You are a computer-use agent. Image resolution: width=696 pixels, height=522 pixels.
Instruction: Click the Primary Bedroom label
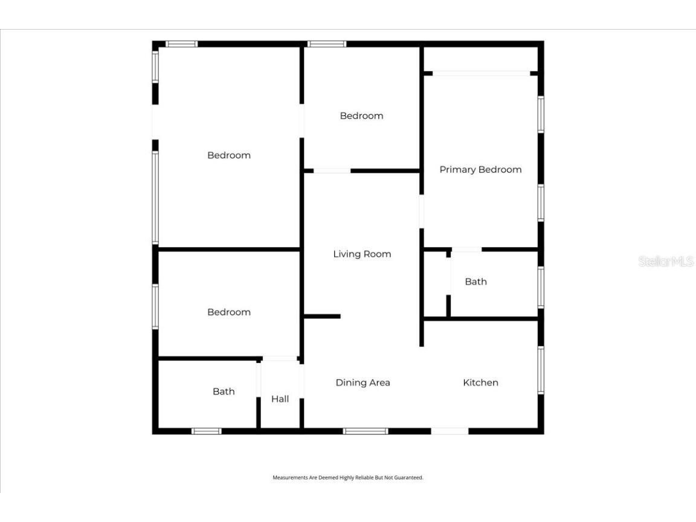(x=480, y=170)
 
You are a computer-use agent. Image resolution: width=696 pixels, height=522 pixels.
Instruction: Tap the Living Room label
(x=362, y=254)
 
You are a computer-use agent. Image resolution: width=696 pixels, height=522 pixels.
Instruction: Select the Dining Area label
(x=362, y=382)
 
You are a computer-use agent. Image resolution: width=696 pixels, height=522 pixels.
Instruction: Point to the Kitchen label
(x=480, y=382)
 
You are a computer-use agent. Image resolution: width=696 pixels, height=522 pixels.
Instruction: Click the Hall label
(x=280, y=399)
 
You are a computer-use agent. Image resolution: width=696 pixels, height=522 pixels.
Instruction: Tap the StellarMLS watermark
(x=666, y=262)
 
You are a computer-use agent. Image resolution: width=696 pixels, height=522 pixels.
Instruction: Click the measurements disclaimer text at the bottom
(x=348, y=477)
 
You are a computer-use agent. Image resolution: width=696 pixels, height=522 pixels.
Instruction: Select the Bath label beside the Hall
(x=224, y=391)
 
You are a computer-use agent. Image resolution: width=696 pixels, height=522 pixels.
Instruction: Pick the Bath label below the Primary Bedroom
(x=475, y=282)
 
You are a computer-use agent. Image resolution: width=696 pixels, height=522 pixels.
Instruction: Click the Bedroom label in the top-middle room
(x=361, y=116)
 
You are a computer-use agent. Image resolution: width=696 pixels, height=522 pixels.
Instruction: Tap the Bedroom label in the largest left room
(x=228, y=155)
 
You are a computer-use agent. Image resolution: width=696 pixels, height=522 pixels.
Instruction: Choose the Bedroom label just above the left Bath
(x=228, y=312)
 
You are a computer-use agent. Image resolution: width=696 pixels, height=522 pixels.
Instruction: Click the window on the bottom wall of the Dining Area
(x=366, y=431)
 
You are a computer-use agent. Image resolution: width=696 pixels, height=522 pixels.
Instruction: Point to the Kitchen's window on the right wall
(x=541, y=370)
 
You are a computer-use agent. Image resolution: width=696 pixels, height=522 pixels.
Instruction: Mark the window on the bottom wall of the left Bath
(x=206, y=431)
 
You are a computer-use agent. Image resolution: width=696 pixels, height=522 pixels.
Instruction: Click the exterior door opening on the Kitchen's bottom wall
(x=449, y=431)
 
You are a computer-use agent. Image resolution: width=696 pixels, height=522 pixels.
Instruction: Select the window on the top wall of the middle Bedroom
(x=326, y=43)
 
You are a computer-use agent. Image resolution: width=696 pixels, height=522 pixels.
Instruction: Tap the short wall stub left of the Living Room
(x=323, y=316)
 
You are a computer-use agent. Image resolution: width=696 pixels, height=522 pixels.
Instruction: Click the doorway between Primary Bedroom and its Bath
(x=466, y=249)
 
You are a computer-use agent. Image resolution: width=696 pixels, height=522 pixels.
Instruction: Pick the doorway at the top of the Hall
(x=280, y=359)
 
